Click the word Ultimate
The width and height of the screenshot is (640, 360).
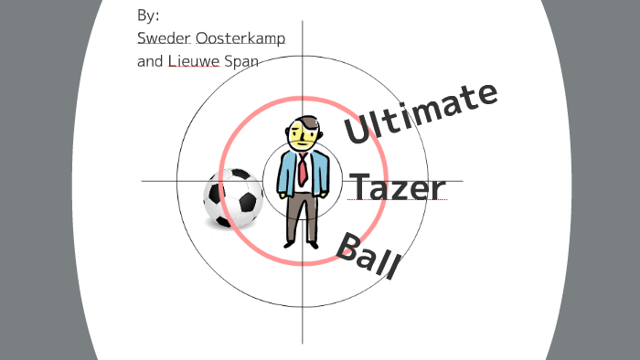pyautogui.click(x=421, y=113)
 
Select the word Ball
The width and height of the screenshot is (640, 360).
pyautogui.click(x=368, y=257)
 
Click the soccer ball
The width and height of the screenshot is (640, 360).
pyautogui.click(x=232, y=198)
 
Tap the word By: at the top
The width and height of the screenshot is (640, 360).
pyautogui.click(x=147, y=16)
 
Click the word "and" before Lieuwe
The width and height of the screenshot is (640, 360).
pyautogui.click(x=149, y=63)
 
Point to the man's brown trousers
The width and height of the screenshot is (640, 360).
pyautogui.click(x=301, y=215)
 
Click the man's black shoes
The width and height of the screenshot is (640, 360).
pyautogui.click(x=302, y=244)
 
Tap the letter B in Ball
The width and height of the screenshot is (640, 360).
pyautogui.click(x=347, y=246)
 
